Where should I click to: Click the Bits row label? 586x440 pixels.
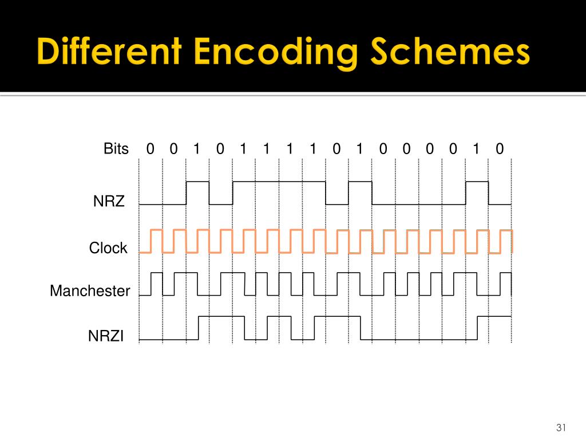pyautogui.click(x=116, y=149)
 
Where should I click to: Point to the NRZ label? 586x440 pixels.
pyautogui.click(x=109, y=202)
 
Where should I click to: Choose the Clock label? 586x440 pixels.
pyautogui.click(x=108, y=248)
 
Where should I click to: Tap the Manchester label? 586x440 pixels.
pyautogui.click(x=90, y=291)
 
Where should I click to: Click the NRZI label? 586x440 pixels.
pyautogui.click(x=106, y=336)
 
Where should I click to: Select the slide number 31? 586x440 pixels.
pyautogui.click(x=561, y=428)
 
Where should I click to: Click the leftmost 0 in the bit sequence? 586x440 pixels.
pyautogui.click(x=150, y=150)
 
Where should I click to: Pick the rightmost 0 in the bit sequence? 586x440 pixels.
pyautogui.click(x=500, y=150)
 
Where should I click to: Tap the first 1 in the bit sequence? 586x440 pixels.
pyautogui.click(x=197, y=150)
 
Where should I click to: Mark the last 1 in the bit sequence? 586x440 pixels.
pyautogui.click(x=476, y=150)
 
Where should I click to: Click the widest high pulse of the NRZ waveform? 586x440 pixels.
pyautogui.click(x=279, y=182)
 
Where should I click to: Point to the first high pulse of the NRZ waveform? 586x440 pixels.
pyautogui.click(x=197, y=182)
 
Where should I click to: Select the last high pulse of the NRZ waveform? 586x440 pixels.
pyautogui.click(x=477, y=182)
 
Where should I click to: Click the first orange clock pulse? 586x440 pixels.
pyautogui.click(x=156, y=230)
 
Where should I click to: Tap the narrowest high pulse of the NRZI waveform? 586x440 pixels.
pyautogui.click(x=279, y=316)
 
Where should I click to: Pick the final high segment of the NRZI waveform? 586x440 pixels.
pyautogui.click(x=494, y=316)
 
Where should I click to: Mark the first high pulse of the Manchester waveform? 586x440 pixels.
pyautogui.click(x=156, y=273)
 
